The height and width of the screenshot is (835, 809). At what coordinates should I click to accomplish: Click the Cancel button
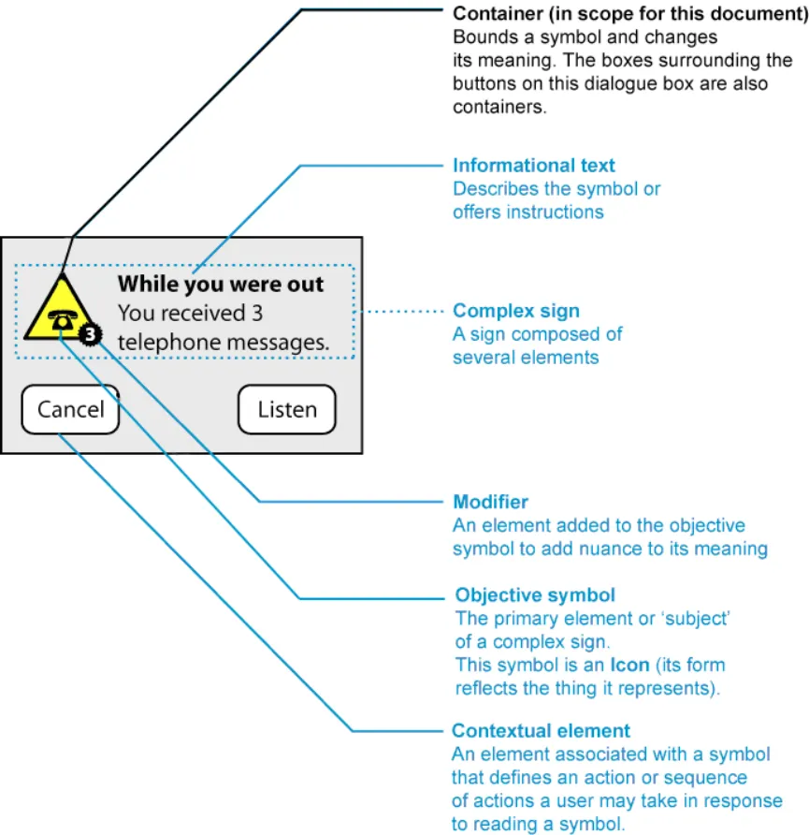(x=70, y=410)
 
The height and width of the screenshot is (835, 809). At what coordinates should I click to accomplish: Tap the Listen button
(x=286, y=410)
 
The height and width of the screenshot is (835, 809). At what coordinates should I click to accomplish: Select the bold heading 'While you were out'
(x=220, y=285)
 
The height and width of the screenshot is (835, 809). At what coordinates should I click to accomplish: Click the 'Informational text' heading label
(x=534, y=166)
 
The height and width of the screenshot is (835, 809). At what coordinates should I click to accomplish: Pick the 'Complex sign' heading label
(x=516, y=311)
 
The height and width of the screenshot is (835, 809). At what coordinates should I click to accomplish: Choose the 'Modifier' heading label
(x=490, y=503)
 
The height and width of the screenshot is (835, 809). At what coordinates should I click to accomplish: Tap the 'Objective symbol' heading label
(x=535, y=595)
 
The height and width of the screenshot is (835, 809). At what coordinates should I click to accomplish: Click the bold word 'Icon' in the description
(x=628, y=666)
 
